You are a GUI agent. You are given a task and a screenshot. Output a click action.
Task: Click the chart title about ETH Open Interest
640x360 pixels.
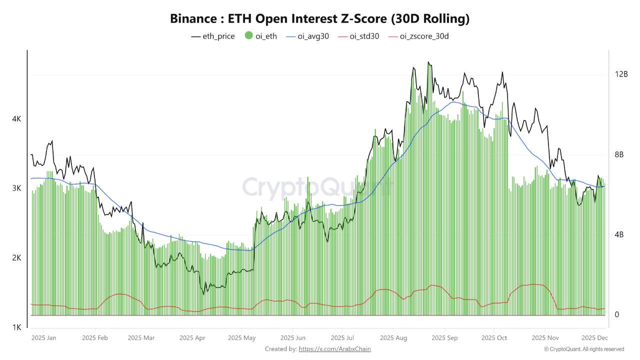(x=320, y=19)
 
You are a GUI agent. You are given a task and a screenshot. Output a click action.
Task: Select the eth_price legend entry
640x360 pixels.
(x=213, y=36)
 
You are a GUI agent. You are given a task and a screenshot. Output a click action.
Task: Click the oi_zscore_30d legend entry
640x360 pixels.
(x=418, y=36)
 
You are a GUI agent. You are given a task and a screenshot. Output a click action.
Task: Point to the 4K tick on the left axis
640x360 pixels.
(x=16, y=119)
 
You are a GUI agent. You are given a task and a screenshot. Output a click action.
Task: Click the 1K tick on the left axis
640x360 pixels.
(x=16, y=327)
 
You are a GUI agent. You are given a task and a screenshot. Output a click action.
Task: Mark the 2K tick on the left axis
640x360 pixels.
(x=16, y=258)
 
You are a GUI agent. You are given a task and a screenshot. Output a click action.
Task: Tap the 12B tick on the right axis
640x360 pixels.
(x=621, y=74)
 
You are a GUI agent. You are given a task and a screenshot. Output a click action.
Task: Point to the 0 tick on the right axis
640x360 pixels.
(x=617, y=314)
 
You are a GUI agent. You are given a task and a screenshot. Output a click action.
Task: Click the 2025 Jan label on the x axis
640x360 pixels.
(x=44, y=338)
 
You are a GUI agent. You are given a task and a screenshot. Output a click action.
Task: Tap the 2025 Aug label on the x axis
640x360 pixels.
(x=393, y=338)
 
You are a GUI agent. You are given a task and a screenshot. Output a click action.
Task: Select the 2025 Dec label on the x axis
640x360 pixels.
(x=594, y=338)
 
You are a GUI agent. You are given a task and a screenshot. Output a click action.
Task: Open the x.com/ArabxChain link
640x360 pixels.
(x=334, y=349)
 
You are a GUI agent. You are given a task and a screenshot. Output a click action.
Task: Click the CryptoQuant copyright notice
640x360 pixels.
(x=584, y=349)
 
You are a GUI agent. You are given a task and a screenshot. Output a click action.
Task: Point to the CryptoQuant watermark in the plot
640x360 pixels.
(x=317, y=187)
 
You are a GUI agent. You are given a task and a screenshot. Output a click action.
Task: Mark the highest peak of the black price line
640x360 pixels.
(x=428, y=62)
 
